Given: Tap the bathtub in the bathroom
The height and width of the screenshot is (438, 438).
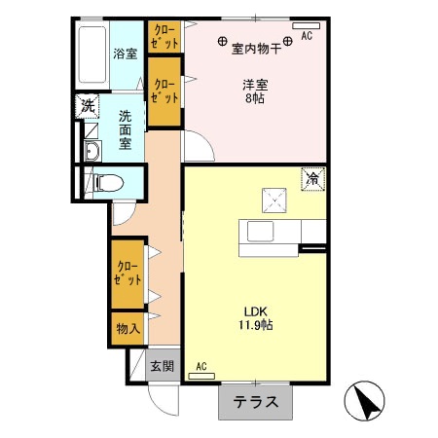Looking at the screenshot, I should (92, 55).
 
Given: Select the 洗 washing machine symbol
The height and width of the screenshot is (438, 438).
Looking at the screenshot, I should (87, 105).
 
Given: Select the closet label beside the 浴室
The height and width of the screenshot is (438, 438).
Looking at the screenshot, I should (163, 37).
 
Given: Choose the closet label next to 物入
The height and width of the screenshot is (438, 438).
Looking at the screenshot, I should (127, 273).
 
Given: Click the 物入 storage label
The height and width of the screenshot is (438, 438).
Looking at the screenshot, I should (128, 328).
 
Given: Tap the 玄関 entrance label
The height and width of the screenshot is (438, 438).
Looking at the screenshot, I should (162, 366).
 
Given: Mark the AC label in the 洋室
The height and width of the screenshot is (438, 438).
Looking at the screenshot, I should (306, 36).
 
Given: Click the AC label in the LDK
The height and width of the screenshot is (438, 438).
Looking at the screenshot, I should (202, 366).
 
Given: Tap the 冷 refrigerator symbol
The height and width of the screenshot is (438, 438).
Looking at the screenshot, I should (314, 179).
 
